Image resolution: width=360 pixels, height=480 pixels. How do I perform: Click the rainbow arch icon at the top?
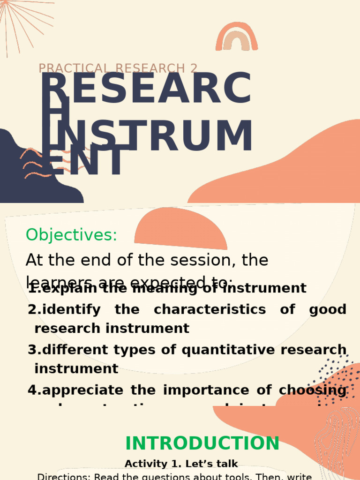236,37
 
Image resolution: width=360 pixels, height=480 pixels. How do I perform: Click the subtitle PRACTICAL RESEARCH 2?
118,68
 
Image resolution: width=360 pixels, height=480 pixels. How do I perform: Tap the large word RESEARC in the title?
145,89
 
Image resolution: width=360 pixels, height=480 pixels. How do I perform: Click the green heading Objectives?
71,235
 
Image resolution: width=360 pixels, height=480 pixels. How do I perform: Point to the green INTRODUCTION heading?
202,443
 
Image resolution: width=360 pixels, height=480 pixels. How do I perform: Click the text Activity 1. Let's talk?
181,464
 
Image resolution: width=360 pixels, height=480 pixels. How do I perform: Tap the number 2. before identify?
34,310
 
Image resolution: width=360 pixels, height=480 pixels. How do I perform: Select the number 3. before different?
34,350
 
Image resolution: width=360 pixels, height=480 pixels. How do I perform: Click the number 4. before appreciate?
34,390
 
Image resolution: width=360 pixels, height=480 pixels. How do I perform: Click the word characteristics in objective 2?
210,310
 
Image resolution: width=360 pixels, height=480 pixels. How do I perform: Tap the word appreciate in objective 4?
83,390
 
